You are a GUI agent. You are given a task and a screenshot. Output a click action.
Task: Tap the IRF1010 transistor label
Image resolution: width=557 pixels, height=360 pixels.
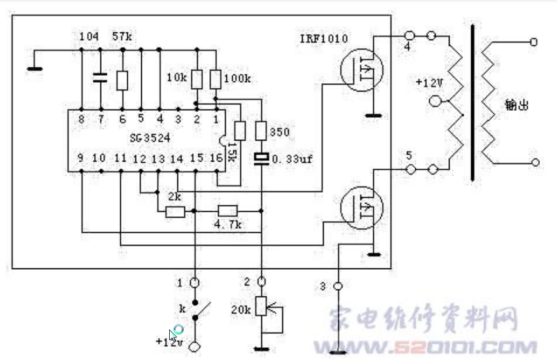coord(324,39)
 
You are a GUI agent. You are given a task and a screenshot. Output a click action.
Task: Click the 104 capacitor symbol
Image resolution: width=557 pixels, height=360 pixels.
coord(100,79)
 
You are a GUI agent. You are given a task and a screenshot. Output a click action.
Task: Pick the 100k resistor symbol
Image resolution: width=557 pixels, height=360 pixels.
coord(216,80)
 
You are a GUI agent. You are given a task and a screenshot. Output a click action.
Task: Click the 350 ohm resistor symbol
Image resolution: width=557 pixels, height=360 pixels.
coord(261,132)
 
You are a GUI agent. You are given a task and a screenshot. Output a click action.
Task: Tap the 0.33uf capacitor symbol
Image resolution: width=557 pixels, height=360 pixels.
coord(261,157)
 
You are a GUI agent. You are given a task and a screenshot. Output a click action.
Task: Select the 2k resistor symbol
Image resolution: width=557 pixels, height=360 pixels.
coord(175,212)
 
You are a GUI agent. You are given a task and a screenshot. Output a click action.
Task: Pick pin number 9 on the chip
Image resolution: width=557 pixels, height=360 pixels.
coord(81,157)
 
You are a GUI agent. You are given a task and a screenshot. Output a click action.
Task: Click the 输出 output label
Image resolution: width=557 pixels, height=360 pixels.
coord(516,106)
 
